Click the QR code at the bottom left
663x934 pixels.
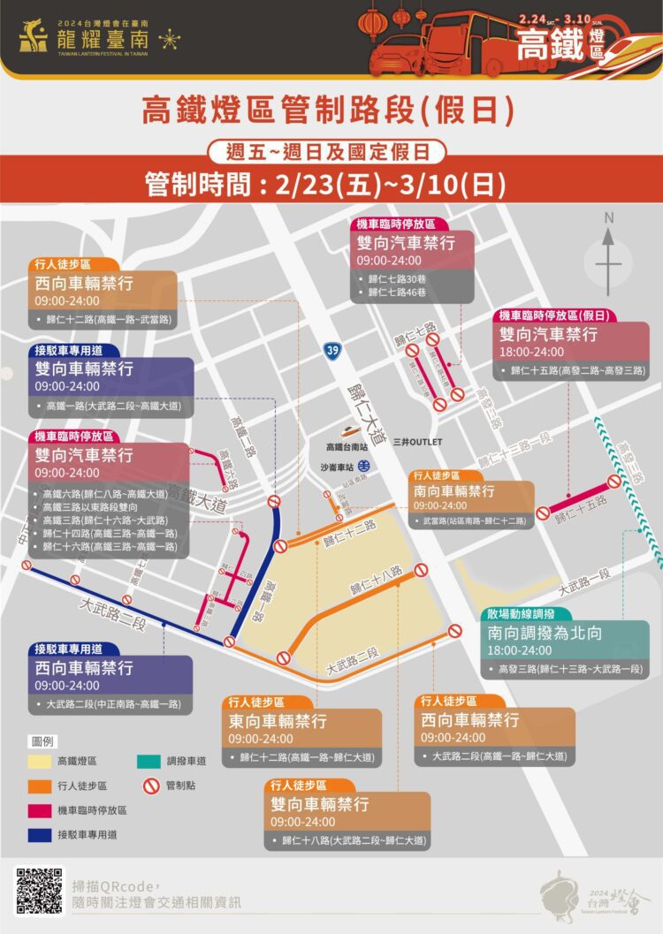coord(39,891)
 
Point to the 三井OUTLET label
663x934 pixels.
coord(418,441)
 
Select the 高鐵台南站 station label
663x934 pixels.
coord(351,446)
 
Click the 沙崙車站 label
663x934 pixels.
coord(337,465)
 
